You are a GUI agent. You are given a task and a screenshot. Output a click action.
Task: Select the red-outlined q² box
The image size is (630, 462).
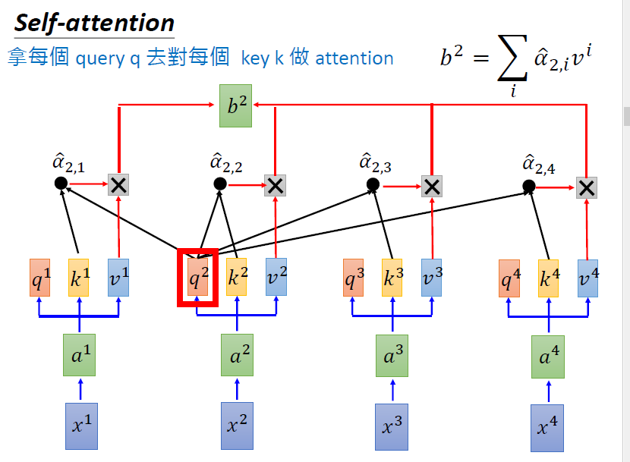(x=197, y=278)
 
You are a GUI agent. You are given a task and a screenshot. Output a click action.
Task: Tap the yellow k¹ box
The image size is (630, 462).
(x=78, y=278)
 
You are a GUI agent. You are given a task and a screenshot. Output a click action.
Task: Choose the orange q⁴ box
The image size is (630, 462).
(x=509, y=278)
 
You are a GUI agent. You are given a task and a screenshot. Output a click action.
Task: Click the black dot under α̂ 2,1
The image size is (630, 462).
(x=61, y=184)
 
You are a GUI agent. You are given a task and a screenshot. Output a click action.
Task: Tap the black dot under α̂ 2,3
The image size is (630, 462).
(x=373, y=184)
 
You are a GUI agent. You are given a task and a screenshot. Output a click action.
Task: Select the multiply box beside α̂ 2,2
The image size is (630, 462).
(x=276, y=184)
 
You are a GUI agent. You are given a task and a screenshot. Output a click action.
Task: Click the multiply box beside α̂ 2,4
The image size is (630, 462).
(x=586, y=187)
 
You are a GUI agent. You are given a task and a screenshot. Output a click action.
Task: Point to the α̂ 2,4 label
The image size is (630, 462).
(x=538, y=164)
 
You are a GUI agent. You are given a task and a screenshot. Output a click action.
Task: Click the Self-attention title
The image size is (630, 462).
(x=95, y=23)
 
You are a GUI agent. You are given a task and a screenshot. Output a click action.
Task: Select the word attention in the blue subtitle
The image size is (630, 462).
(x=354, y=58)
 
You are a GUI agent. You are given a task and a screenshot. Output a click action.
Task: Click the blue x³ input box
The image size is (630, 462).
(x=392, y=426)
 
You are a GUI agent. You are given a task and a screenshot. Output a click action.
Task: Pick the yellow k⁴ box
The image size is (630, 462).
(x=548, y=278)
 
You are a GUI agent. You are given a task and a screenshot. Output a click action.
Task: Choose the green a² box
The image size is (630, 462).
(x=237, y=355)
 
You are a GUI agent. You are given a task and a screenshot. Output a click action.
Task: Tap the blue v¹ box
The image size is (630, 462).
(x=118, y=278)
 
